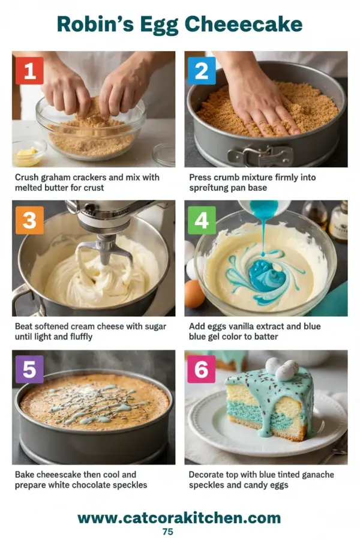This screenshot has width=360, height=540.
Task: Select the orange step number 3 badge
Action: point(29,220)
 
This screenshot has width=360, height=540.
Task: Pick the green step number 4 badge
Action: point(202,220)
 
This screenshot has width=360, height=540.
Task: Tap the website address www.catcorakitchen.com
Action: point(179,517)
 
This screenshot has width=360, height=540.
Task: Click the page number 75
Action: point(168,532)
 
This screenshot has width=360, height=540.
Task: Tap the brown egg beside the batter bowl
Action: point(193,293)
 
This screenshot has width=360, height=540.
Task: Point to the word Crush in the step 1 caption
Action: point(27,178)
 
